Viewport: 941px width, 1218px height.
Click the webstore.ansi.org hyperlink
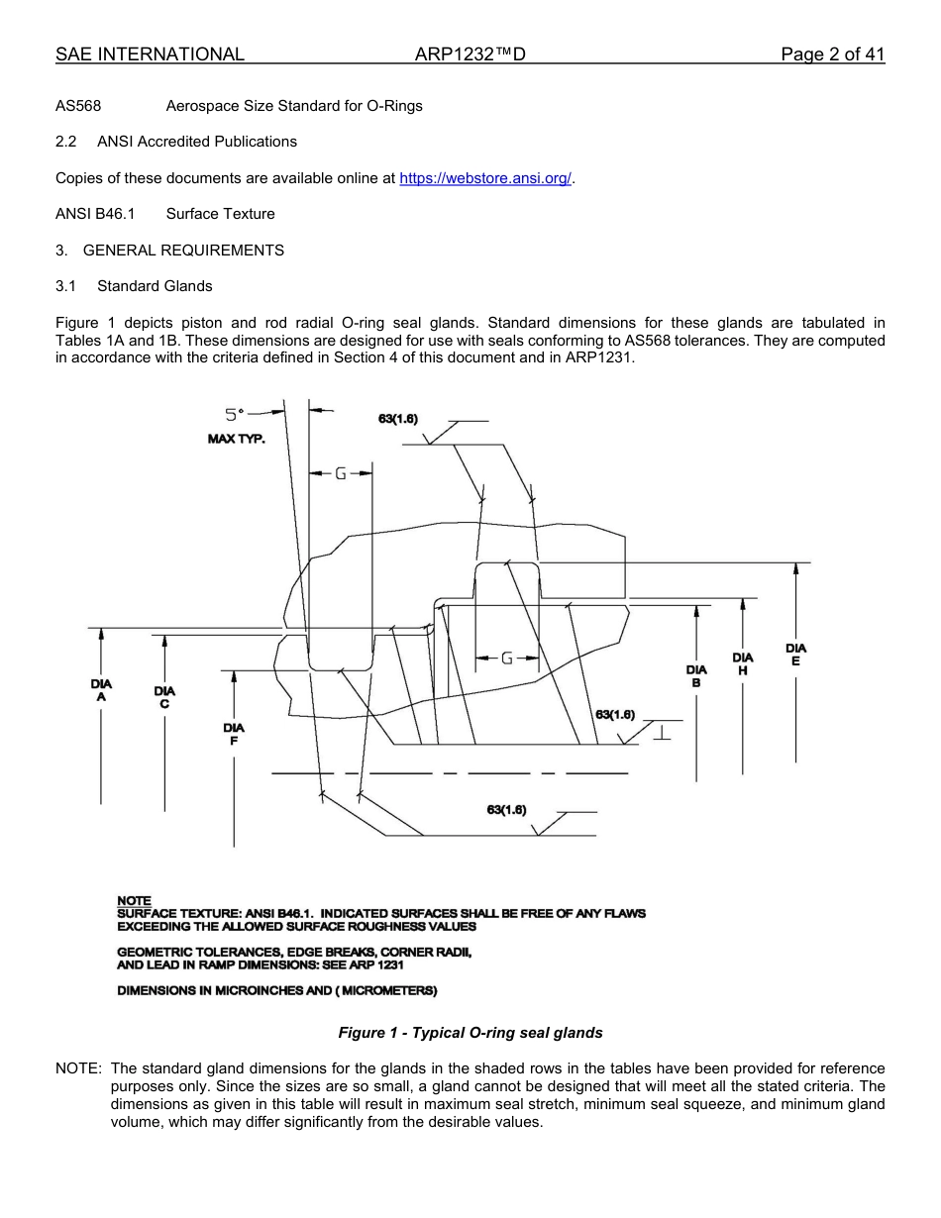coord(485,178)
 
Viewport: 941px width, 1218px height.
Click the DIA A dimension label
coord(101,690)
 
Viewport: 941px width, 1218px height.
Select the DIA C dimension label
coord(164,697)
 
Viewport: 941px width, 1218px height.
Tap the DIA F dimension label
coord(234,734)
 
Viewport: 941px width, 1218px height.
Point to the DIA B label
coord(696,676)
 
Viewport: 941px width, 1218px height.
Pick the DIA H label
coord(743,663)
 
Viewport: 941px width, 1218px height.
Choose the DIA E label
coord(795,655)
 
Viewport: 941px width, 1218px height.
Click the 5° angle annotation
coord(233,415)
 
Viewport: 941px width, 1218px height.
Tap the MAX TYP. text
coord(236,439)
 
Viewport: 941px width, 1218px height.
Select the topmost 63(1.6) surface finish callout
coord(398,419)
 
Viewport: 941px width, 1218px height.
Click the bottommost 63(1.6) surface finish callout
coord(506,810)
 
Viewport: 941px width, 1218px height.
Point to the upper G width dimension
coord(340,473)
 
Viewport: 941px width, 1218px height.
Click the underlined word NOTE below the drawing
coord(134,901)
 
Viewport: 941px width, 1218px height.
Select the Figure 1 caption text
coord(470,1033)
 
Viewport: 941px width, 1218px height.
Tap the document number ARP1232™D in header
coord(470,54)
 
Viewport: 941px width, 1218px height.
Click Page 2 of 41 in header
coord(832,54)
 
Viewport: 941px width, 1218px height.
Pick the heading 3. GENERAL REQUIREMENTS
coord(169,251)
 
